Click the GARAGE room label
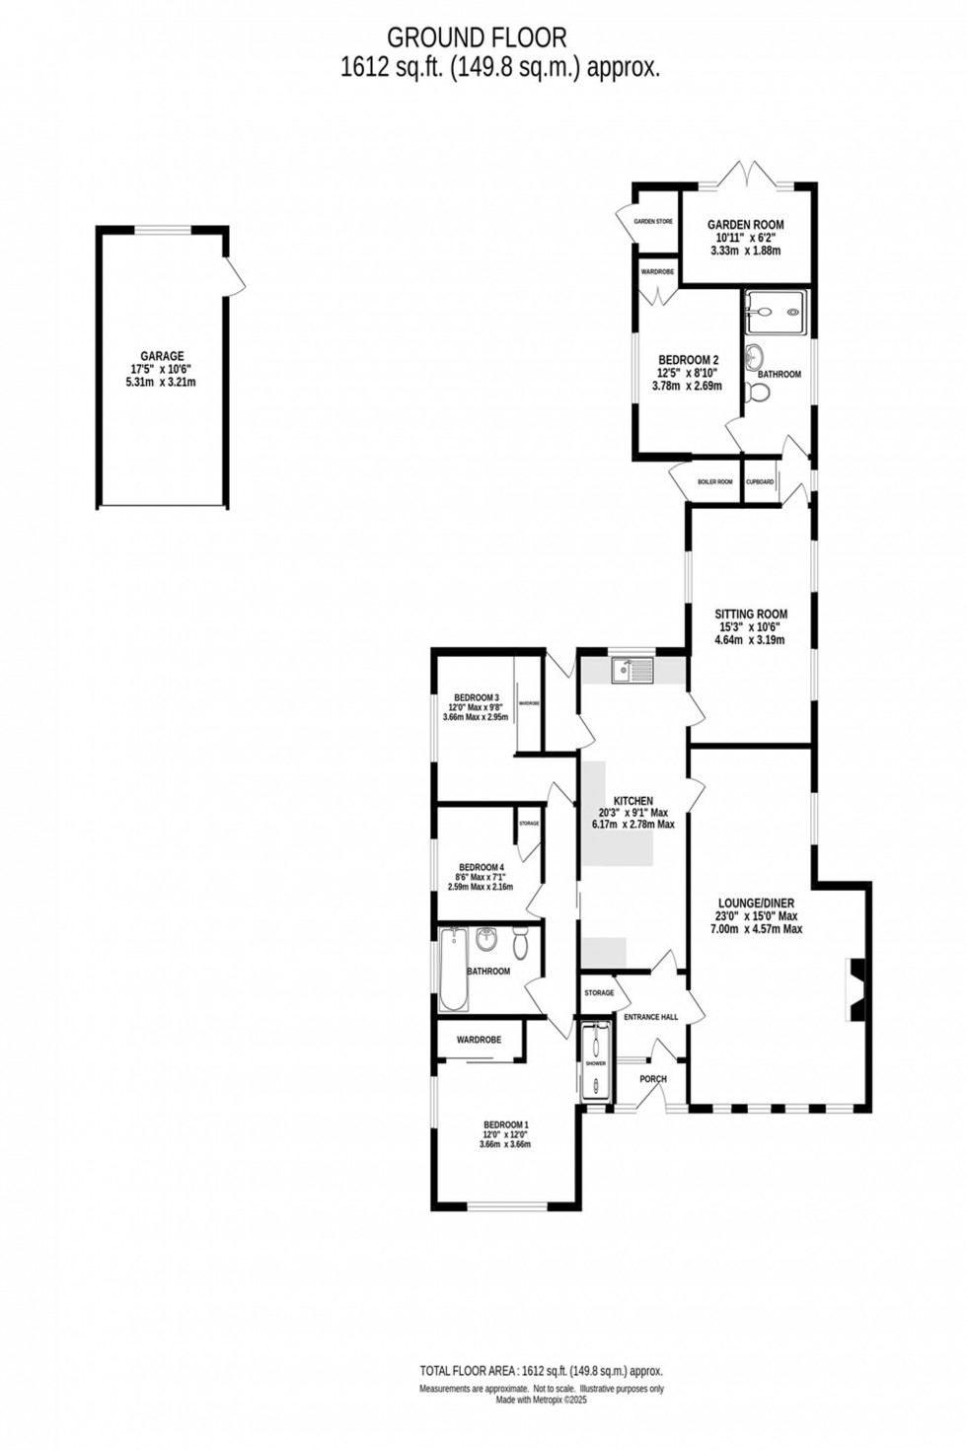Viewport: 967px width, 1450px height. point(161,357)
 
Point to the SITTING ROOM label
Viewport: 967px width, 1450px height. point(751,615)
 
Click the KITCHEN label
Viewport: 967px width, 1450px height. point(632,801)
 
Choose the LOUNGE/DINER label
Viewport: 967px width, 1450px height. point(756,904)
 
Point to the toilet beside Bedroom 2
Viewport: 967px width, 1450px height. point(759,394)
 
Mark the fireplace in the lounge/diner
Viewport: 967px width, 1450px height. point(855,989)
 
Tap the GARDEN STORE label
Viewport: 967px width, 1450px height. point(653,222)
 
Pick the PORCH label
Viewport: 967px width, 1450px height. point(653,1079)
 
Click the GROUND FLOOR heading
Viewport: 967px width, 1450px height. point(477,37)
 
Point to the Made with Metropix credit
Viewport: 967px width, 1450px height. point(541,1399)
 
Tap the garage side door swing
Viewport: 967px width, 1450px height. point(236,276)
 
